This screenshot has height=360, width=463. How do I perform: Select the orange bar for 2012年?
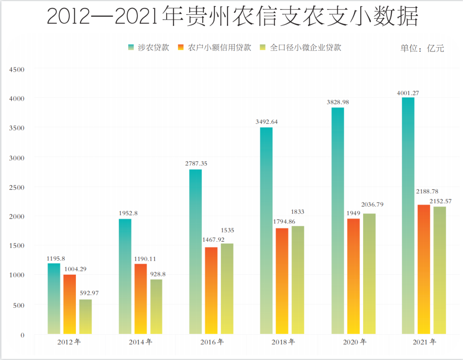[69, 304]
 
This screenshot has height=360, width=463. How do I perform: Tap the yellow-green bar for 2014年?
[156, 307]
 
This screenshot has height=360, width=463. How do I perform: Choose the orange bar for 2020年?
[353, 276]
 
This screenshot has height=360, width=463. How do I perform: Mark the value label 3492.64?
[266, 122]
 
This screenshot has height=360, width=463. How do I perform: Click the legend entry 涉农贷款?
[148, 48]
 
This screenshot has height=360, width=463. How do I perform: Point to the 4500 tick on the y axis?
[18, 69]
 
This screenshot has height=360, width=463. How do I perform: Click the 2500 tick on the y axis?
[18, 187]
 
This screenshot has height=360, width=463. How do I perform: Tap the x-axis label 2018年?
[283, 342]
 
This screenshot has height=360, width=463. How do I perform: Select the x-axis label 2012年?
[69, 342]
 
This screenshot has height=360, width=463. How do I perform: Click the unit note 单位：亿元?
[422, 48]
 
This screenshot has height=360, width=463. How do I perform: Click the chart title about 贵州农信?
[231, 17]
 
